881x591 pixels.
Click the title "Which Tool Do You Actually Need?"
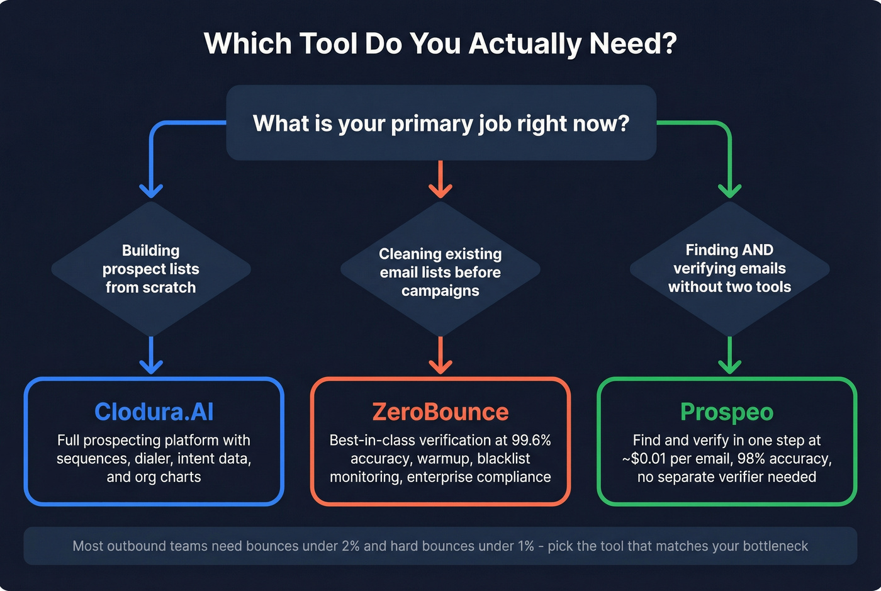440,43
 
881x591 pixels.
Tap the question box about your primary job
441,123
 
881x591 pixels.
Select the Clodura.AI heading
154,412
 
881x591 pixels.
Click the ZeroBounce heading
440,412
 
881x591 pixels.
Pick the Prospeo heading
726,412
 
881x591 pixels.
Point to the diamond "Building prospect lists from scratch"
151,269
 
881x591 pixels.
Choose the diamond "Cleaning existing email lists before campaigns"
440,272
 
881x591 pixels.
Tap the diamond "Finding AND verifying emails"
729,269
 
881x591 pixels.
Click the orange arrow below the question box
441,179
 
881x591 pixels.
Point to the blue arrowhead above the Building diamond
151,190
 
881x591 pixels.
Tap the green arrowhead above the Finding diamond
729,190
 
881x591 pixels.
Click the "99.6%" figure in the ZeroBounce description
530,440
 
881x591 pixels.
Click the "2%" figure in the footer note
351,546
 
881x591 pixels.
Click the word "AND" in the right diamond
757,250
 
